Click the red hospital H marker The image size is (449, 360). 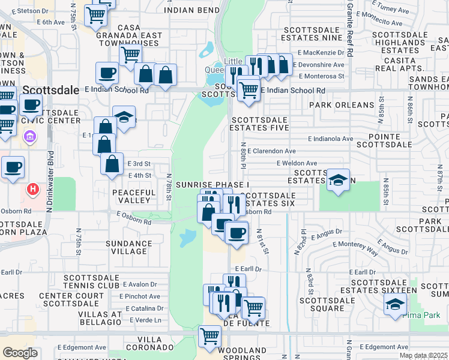click(33, 190)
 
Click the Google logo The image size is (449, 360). click(20, 353)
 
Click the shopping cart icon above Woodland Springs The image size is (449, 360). click(209, 336)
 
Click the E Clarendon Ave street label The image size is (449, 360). click(271, 151)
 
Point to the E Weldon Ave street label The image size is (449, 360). click(297, 163)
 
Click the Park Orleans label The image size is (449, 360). click(342, 105)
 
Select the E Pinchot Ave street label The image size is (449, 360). click(139, 296)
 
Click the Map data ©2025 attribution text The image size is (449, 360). click(423, 356)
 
